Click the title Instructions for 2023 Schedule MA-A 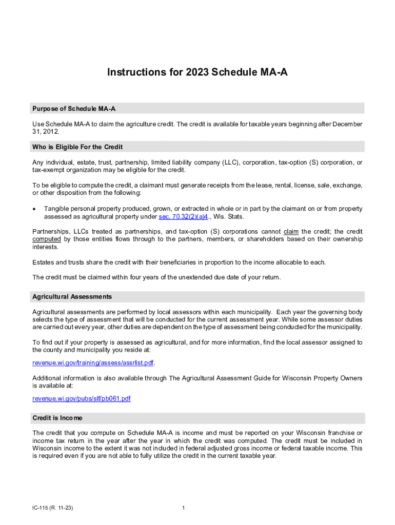click(197, 72)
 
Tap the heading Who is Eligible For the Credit click(77, 147)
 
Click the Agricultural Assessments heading click(72, 297)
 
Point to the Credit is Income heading click(57, 418)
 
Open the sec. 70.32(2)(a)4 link click(183, 217)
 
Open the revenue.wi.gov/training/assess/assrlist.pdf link click(93, 362)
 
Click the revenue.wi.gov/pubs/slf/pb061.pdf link click(82, 398)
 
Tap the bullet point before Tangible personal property click(34, 209)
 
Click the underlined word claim click(291, 231)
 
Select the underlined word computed click(47, 239)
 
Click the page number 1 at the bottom click(183, 508)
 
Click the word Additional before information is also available click(48, 378)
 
